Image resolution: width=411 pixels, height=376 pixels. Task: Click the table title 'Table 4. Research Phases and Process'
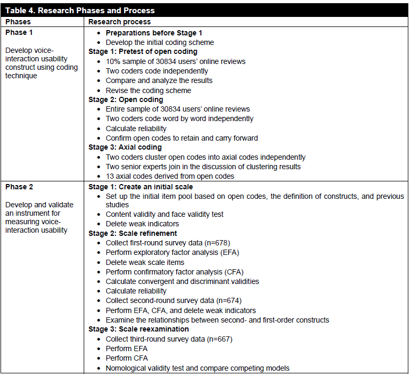pos(79,11)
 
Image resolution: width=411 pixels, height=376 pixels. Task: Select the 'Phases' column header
pos(19,22)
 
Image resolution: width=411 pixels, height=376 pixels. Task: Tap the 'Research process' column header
pos(119,22)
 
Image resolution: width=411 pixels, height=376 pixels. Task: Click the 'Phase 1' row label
pos(20,32)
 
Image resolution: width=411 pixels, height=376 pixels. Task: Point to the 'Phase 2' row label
pos(20,187)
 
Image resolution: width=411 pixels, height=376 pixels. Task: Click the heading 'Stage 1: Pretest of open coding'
pos(142,52)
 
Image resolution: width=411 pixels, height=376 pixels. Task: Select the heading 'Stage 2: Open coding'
pos(126,99)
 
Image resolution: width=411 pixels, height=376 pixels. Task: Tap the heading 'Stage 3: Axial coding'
pos(125,148)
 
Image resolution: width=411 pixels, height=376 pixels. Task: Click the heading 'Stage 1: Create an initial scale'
pos(141,187)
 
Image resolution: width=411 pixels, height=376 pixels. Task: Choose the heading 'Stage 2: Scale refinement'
pos(132,233)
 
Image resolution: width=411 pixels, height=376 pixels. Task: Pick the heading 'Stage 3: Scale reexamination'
pos(138,329)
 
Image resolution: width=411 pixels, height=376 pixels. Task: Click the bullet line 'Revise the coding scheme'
pos(148,90)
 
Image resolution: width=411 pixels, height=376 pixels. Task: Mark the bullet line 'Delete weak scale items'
pos(145,262)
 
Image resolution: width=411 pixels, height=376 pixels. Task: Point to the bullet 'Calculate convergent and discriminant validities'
pos(182,281)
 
